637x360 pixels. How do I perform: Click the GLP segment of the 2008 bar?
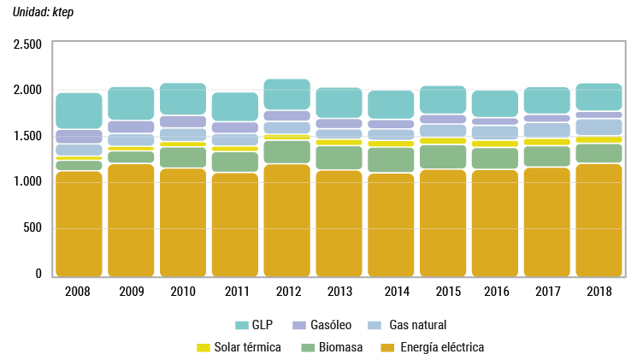(x=79, y=111)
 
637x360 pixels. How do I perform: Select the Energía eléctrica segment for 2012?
(x=286, y=220)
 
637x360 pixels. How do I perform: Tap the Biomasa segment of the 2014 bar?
(x=391, y=160)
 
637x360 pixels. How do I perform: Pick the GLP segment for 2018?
(x=599, y=97)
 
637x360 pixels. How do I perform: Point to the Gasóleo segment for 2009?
(x=131, y=127)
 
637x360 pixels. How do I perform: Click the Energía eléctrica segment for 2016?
(x=494, y=223)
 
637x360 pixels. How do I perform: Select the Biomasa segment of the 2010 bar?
(x=183, y=157)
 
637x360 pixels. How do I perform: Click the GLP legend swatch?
(x=241, y=325)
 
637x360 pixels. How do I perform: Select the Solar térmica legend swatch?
(x=203, y=347)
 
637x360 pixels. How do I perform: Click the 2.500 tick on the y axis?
(x=28, y=44)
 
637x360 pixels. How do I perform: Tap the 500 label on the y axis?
(x=32, y=227)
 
